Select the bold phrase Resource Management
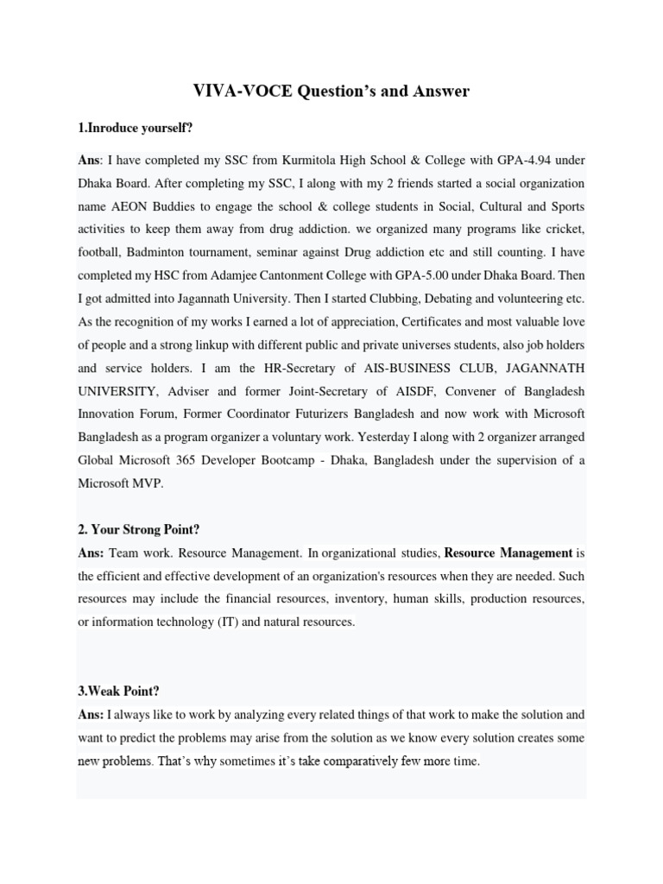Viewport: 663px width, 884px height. coord(508,552)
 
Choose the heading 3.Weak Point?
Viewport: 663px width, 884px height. coord(118,691)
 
